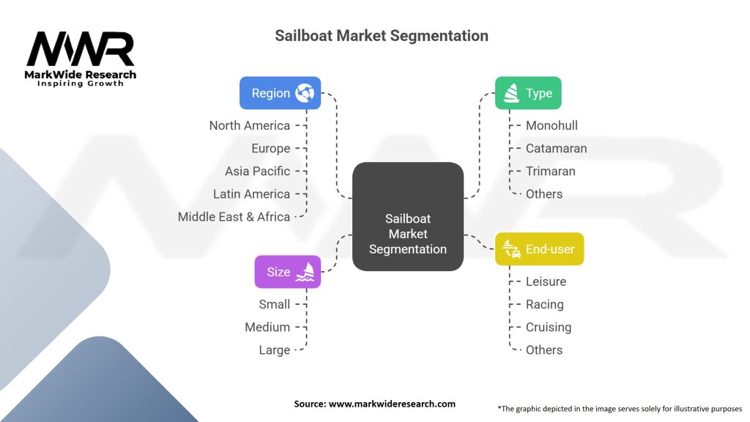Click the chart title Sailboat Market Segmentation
click(x=381, y=35)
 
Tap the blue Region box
click(x=281, y=93)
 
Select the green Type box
click(x=528, y=93)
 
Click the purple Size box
click(x=288, y=272)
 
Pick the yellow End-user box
click(x=539, y=249)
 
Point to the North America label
click(x=249, y=125)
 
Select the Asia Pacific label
click(x=257, y=171)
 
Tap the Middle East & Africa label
click(x=234, y=217)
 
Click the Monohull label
click(x=551, y=125)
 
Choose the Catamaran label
click(x=556, y=148)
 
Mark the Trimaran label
click(x=550, y=171)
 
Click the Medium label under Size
click(x=267, y=327)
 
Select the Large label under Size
click(x=274, y=350)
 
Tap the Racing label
click(x=544, y=304)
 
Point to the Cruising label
click(x=548, y=327)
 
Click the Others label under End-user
click(x=544, y=350)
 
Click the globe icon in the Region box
click(x=305, y=93)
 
